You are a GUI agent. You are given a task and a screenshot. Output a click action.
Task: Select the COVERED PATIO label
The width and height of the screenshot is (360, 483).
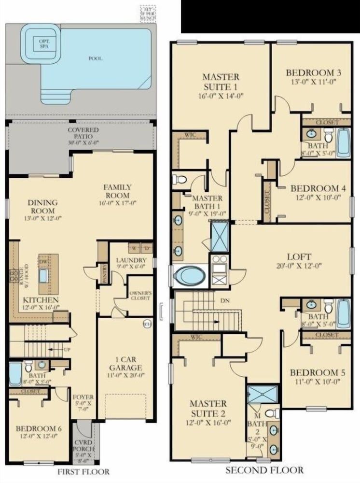tap(83, 133)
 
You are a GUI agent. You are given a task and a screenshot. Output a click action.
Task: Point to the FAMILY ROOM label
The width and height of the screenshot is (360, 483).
tap(118, 190)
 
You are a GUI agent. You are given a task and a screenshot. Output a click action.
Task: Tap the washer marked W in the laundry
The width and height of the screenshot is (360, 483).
tap(134, 249)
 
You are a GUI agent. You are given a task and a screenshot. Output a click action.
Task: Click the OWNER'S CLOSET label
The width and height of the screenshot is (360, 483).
tap(140, 296)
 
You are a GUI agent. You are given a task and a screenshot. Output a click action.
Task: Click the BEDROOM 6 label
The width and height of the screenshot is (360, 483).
tap(37, 428)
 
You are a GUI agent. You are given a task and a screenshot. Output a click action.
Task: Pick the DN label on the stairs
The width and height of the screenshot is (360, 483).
tap(224, 300)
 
